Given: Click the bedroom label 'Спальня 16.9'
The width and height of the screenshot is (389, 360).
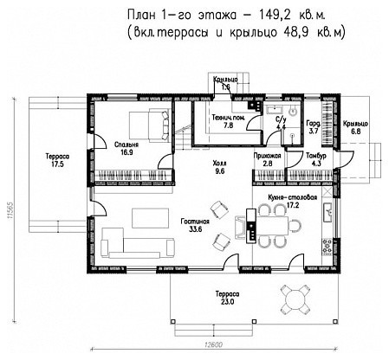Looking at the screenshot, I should coord(130,147).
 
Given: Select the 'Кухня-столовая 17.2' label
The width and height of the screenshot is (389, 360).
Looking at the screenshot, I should coord(290,202).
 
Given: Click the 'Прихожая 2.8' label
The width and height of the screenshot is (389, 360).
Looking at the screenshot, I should coord(269,158).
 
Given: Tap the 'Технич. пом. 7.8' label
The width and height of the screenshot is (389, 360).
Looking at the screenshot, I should coord(230,120).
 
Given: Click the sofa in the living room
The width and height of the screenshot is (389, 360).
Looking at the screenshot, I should coord(121,238).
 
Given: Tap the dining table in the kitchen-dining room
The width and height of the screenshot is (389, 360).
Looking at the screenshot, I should coord(276,226).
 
